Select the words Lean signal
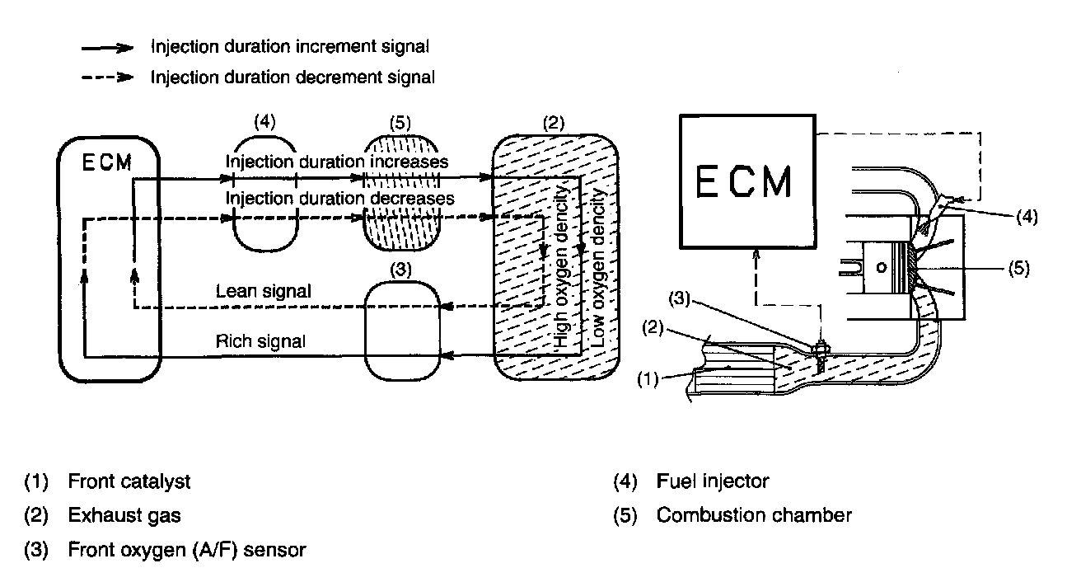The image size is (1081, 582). click(x=263, y=291)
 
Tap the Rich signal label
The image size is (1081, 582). click(x=261, y=340)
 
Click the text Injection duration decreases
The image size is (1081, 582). click(x=339, y=199)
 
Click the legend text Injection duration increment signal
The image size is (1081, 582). click(x=289, y=47)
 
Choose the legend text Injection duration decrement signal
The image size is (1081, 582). click(x=292, y=77)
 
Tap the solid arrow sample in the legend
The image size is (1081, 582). click(x=107, y=48)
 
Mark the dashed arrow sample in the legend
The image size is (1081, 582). click(x=107, y=77)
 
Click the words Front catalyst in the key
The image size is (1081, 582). click(x=129, y=480)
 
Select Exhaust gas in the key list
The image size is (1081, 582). click(x=124, y=516)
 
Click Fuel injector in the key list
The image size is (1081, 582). click(x=713, y=480)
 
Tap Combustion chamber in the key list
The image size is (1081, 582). click(x=754, y=516)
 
